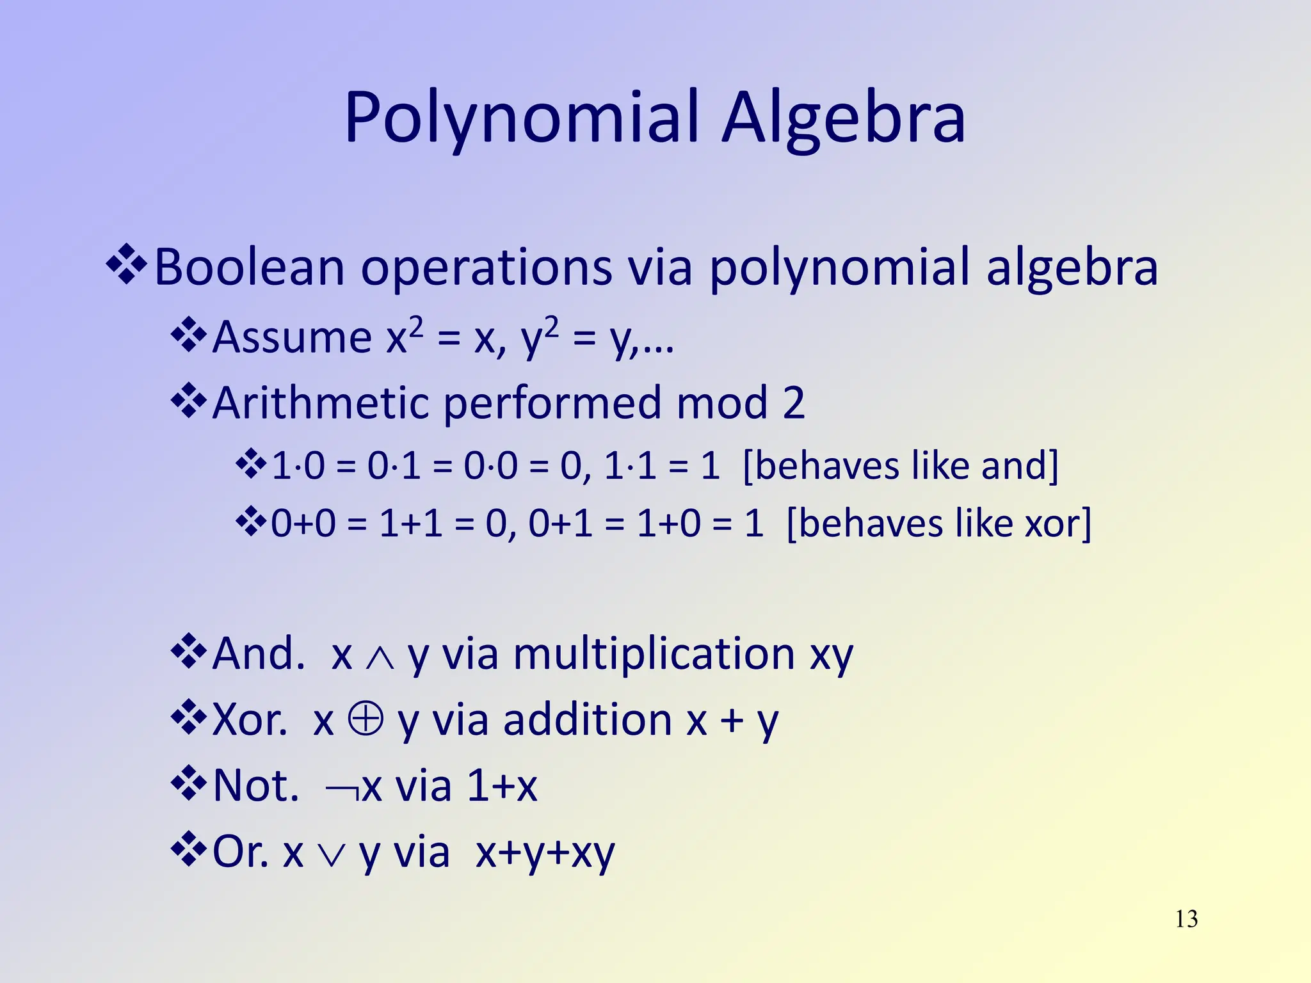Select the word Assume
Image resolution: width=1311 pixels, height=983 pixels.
point(291,337)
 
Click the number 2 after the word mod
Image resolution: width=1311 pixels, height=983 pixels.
point(794,403)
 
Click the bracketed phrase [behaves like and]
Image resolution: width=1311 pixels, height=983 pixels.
point(901,465)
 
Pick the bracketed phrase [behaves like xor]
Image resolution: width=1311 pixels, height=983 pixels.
point(938,523)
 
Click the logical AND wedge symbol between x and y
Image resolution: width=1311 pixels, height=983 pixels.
point(380,658)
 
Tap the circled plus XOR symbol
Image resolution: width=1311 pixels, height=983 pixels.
point(366,719)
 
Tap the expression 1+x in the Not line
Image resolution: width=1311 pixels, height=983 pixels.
point(502,786)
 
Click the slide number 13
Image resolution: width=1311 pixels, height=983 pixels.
point(1186,919)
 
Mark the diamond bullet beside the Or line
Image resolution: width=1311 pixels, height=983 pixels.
point(189,849)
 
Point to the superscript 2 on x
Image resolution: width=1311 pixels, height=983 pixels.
point(416,326)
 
